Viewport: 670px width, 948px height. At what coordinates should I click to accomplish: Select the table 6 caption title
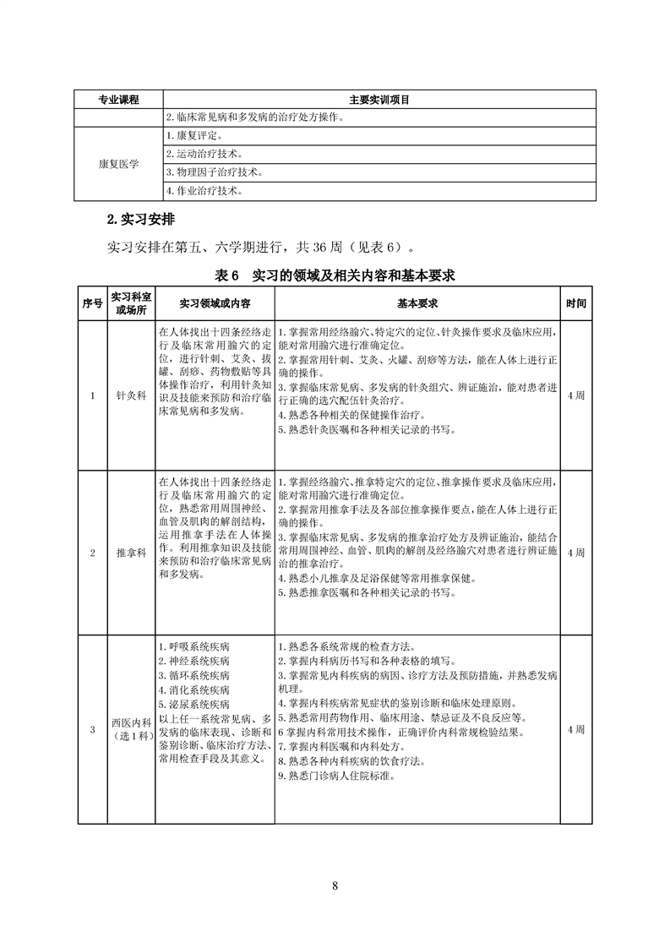coord(335,275)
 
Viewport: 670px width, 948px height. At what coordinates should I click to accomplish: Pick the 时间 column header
coord(575,302)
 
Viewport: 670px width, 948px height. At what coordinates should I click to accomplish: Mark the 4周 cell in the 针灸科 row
coord(575,395)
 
